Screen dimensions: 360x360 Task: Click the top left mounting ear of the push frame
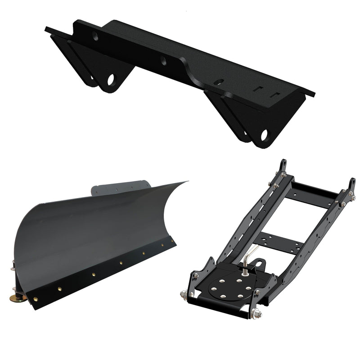(283, 165)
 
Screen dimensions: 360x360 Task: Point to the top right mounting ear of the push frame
(351, 184)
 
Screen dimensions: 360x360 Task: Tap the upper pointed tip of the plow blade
(185, 182)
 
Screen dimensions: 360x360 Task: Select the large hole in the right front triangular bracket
(264, 135)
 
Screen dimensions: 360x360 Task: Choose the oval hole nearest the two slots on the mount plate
(218, 82)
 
